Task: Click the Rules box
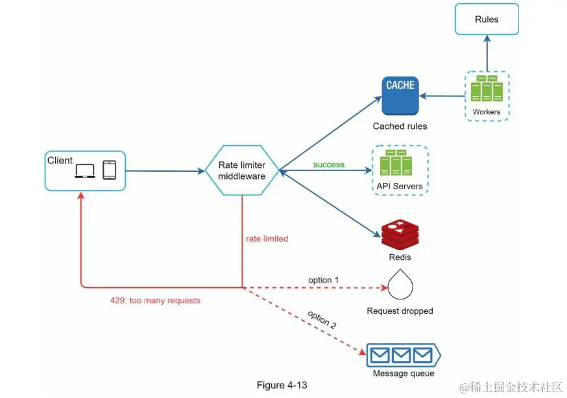(x=487, y=19)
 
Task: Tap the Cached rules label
(x=400, y=126)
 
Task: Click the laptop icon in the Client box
(x=85, y=170)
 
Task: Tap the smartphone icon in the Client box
(x=109, y=170)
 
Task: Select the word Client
(x=60, y=160)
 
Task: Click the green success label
(x=329, y=165)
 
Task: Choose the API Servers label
(x=400, y=186)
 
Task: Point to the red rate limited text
(x=267, y=239)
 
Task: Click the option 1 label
(x=324, y=280)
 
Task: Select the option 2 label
(x=322, y=320)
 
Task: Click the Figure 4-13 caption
(x=282, y=385)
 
